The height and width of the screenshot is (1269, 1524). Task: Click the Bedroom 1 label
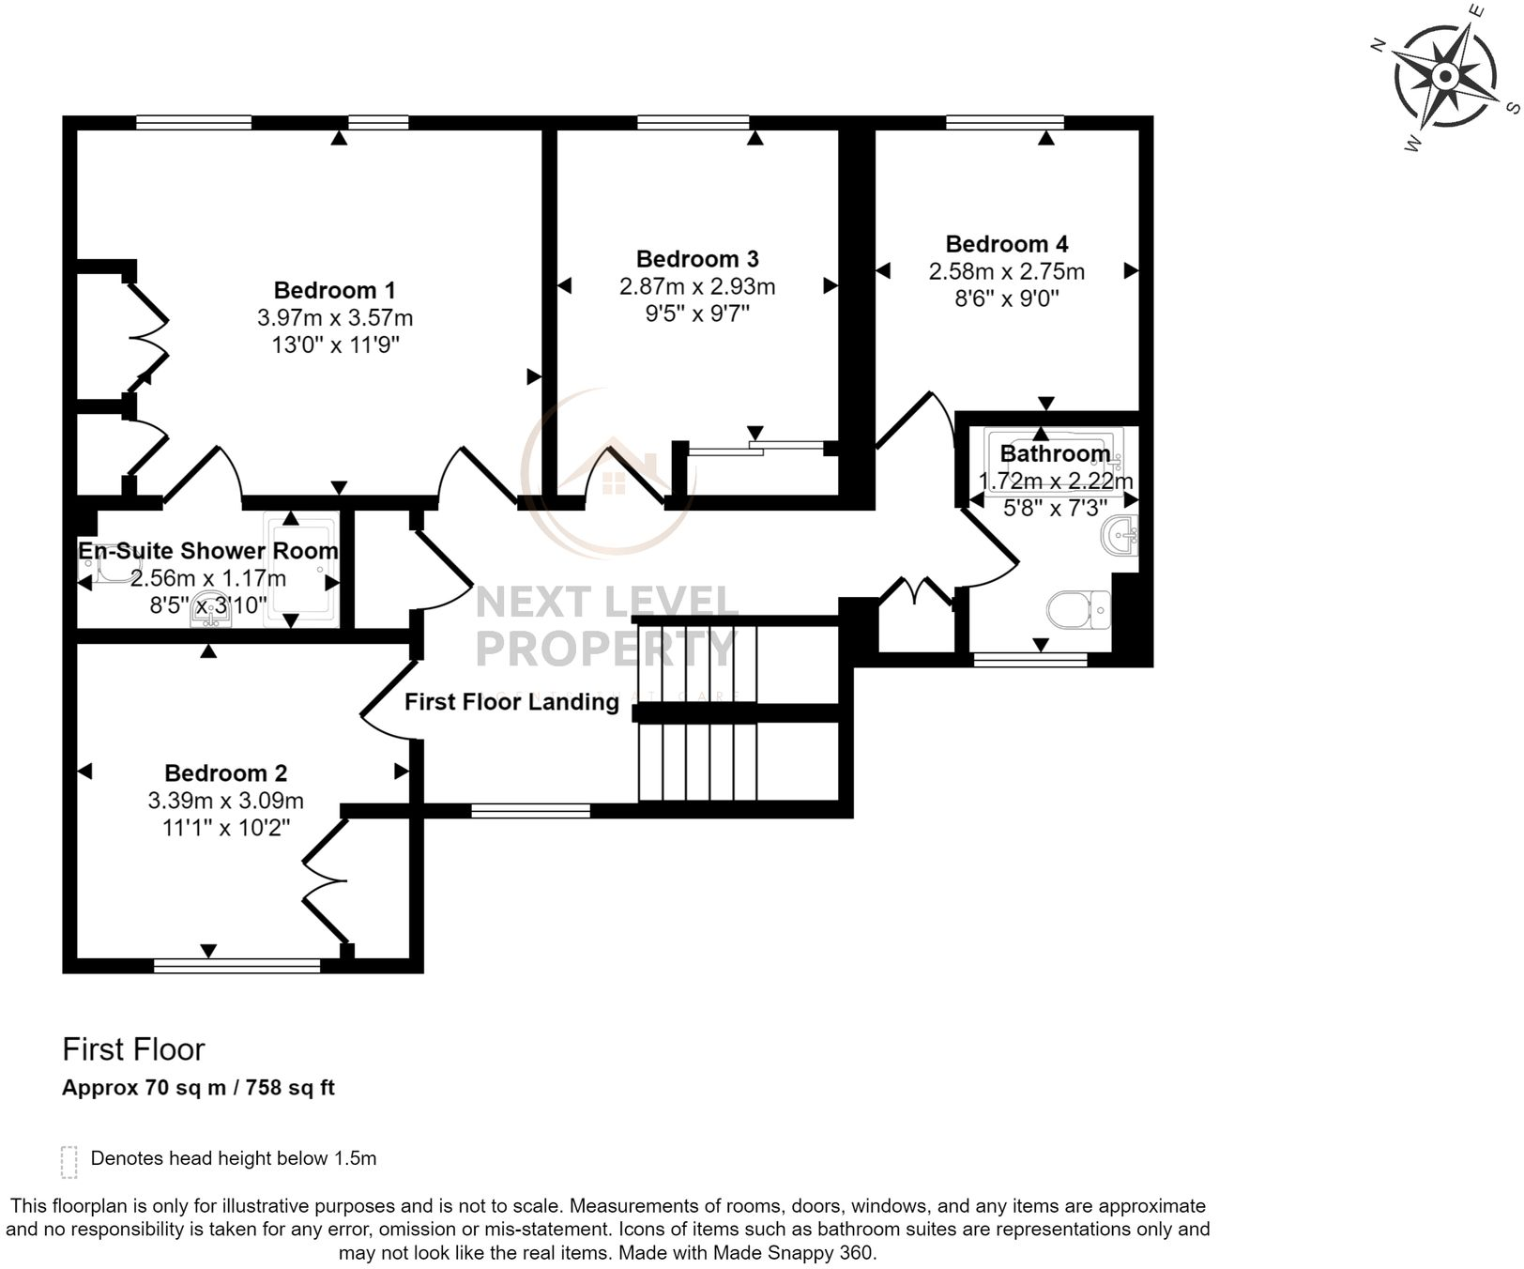(334, 290)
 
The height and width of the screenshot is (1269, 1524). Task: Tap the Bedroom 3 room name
(696, 259)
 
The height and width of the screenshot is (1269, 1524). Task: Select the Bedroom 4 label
(1006, 244)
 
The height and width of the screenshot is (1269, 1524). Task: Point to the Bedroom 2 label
(225, 773)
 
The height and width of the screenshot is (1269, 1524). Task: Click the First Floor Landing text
(511, 702)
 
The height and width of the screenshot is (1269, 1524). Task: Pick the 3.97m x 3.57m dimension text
(334, 318)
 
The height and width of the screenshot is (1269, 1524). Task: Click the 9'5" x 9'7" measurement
(696, 313)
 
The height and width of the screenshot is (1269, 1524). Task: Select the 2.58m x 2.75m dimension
(1006, 272)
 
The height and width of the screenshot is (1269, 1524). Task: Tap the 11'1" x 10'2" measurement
(225, 828)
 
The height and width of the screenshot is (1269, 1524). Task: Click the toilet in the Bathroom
(1078, 610)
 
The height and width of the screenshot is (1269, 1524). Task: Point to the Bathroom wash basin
(1120, 536)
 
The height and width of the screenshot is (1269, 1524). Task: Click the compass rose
(1444, 76)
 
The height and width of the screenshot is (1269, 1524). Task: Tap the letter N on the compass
(1379, 45)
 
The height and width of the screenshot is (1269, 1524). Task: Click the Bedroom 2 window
(236, 965)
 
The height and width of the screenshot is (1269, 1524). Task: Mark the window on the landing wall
(530, 811)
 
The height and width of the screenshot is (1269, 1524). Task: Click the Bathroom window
(1029, 660)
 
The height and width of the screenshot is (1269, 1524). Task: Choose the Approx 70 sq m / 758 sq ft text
(198, 1088)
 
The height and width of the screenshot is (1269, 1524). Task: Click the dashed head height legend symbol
(69, 1161)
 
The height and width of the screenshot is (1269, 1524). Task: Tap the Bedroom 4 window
(1004, 122)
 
